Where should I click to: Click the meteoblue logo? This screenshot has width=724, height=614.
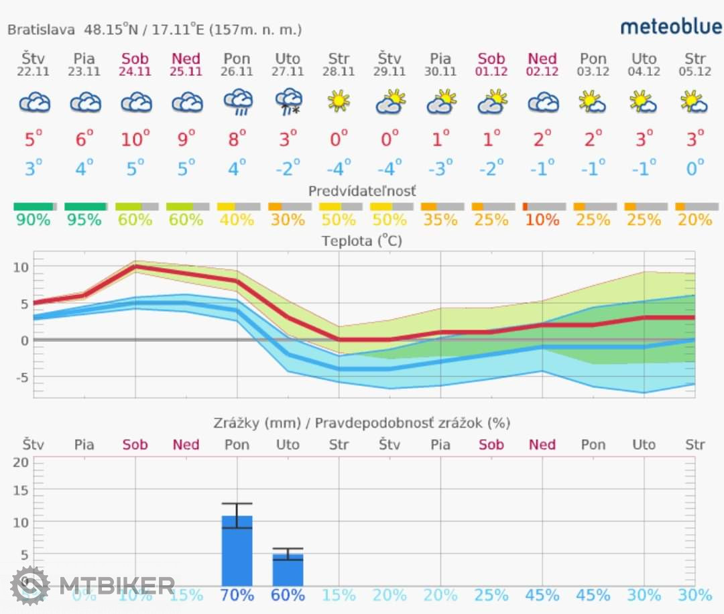coord(671,27)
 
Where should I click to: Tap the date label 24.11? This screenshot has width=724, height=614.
coord(135,72)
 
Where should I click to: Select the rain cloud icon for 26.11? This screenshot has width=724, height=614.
coord(237,103)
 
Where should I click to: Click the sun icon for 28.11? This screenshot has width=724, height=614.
coord(339,101)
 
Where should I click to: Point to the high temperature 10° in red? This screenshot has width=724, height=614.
coord(135,139)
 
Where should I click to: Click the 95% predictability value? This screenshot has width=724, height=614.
coord(84,220)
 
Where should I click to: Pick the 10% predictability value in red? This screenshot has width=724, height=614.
coord(542,220)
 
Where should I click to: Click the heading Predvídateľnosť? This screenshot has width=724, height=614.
coord(362,191)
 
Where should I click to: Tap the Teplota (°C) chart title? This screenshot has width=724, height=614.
coord(362,241)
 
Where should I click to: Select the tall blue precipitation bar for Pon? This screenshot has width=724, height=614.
coord(237,550)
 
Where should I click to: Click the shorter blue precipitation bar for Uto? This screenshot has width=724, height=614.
coord(288,569)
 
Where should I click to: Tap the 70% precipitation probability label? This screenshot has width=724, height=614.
coord(237,595)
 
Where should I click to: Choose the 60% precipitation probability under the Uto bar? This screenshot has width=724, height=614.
coord(288,595)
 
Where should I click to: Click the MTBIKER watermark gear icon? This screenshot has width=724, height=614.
coord(30,586)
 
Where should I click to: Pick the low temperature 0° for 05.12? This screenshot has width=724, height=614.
coord(695,167)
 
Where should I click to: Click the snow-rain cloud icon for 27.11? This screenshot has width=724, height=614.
coord(288,103)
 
